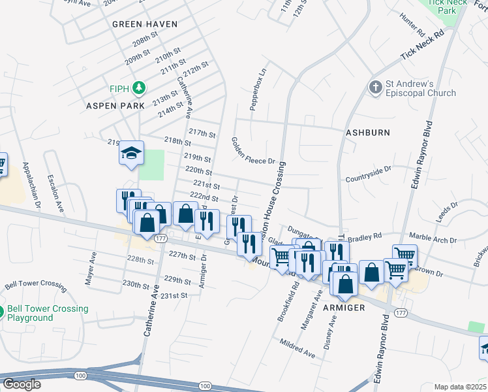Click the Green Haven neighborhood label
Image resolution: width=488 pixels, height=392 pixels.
(x=145, y=24)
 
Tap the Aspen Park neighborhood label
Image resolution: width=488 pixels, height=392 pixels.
(x=110, y=105)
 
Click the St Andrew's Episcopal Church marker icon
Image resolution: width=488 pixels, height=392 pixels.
(x=375, y=88)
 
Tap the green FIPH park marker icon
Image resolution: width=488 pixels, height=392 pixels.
(x=138, y=88)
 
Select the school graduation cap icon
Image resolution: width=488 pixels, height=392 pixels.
(x=130, y=154)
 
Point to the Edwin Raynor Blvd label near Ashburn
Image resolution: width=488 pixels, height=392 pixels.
(x=421, y=155)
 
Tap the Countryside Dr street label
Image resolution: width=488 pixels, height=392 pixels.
(x=368, y=172)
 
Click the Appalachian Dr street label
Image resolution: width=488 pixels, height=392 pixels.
(x=32, y=185)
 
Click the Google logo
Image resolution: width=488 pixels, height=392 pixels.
(x=22, y=384)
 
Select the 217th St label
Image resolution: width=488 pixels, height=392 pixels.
(x=202, y=133)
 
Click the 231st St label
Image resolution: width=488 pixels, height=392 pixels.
(x=174, y=295)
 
